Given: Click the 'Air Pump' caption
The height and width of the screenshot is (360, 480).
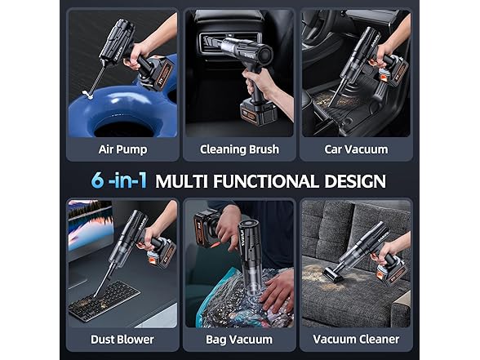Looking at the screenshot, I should click(x=122, y=149).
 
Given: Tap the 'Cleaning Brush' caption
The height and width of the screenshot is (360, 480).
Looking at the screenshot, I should click(x=239, y=149).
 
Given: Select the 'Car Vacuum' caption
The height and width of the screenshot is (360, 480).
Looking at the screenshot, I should click(x=355, y=149).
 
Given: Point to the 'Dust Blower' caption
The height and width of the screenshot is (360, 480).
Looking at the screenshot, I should click(x=122, y=338).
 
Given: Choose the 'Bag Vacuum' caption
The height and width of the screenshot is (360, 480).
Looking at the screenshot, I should click(x=239, y=338).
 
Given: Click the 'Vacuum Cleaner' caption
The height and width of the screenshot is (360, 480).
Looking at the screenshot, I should click(x=355, y=338).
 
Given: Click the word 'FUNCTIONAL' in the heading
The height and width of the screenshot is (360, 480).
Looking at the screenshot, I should click(x=267, y=180).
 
